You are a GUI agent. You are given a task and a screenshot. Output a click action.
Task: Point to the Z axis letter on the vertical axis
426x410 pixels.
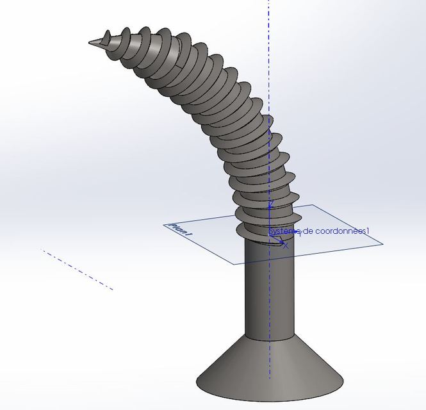tap(271, 204)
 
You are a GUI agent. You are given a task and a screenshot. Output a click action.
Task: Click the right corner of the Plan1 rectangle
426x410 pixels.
tap(382, 243)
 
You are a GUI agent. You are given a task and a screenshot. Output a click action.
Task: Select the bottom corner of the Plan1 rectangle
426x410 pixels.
tap(235, 263)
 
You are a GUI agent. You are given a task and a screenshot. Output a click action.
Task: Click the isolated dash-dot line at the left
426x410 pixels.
tap(77, 270)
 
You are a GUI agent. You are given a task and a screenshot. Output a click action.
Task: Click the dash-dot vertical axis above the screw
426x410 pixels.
tap(268, 51)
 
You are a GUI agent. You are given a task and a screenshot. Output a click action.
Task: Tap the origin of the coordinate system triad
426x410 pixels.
tap(270, 237)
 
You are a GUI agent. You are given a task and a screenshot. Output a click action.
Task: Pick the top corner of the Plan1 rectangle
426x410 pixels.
tap(313, 206)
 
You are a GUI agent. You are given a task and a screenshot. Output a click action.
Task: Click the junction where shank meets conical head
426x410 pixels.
tap(268, 336)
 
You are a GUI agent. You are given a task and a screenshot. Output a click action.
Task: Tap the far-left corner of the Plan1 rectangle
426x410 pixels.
tap(164, 224)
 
